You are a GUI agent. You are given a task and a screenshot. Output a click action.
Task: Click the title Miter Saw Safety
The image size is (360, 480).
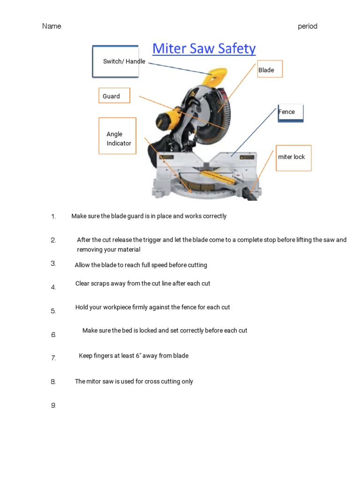point(204,49)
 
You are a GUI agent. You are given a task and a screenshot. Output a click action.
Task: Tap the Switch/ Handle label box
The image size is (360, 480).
point(116,61)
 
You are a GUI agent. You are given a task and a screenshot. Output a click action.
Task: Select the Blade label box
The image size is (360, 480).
point(269,69)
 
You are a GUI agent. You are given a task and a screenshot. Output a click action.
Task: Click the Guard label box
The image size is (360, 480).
point(114,96)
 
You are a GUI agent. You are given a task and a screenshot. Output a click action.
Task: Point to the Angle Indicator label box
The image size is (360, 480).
point(117,136)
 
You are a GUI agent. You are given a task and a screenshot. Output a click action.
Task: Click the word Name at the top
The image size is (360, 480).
point(52,26)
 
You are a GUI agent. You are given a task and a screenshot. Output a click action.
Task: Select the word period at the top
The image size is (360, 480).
point(307,26)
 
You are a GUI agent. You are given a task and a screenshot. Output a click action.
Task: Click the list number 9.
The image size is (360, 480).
point(53,405)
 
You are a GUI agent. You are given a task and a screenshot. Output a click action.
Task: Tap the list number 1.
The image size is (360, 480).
point(53,217)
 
